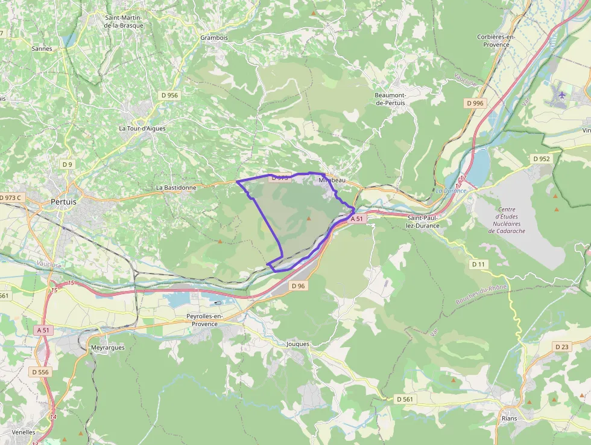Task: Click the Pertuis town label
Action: click(63, 202)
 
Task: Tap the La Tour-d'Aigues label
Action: click(142, 129)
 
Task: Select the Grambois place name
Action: click(214, 37)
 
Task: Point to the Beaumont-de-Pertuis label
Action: click(390, 99)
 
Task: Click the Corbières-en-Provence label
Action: click(496, 40)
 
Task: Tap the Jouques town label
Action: click(298, 344)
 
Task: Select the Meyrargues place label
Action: click(107, 348)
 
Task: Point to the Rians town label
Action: click(510, 418)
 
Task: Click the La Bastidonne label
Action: click(176, 188)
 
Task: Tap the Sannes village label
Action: click(42, 49)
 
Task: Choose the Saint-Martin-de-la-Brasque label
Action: click(124, 22)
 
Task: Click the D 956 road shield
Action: click(169, 95)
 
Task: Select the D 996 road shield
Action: click(475, 103)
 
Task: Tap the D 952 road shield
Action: click(541, 159)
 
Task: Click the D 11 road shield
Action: click(478, 264)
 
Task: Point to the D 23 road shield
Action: click(561, 347)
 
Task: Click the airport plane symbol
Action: click(563, 95)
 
